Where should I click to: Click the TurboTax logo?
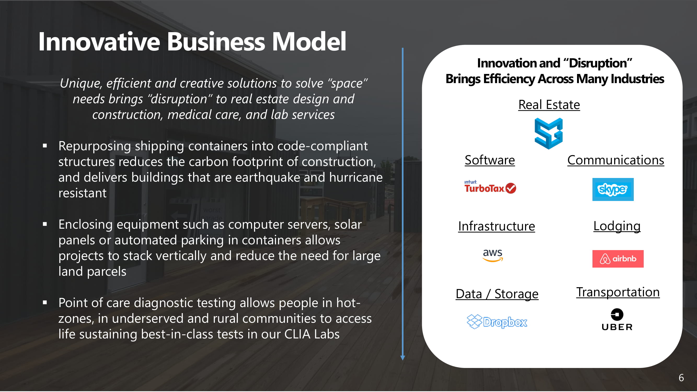490,187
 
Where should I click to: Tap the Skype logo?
613,189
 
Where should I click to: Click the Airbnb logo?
618,259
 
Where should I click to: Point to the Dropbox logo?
497,322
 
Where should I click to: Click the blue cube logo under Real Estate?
549,134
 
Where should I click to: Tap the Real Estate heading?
549,105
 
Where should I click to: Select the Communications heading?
615,160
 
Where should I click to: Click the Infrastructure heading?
497,226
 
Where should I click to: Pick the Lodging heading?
617,226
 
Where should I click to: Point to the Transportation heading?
618,292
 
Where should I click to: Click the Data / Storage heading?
497,294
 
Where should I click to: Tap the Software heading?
490,160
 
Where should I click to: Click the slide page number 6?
681,378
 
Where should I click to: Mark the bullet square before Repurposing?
45,146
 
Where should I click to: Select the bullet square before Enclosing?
45,224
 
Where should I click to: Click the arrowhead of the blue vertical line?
403,358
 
